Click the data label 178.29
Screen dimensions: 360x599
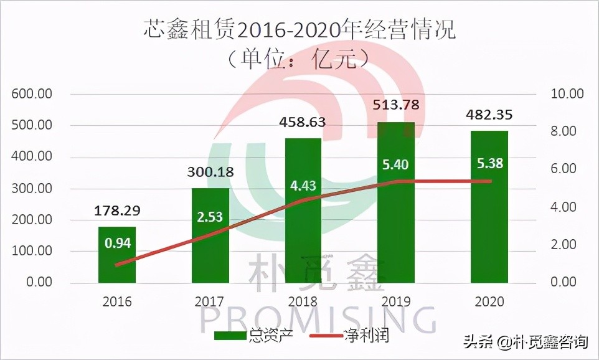click(117, 211)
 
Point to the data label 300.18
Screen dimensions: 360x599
click(210, 173)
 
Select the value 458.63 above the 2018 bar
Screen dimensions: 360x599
click(303, 121)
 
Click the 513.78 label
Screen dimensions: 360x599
click(396, 103)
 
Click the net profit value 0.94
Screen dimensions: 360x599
click(117, 244)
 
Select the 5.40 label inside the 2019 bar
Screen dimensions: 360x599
click(396, 165)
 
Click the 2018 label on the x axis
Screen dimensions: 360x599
click(303, 302)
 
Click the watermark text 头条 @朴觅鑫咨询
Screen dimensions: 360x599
click(525, 342)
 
